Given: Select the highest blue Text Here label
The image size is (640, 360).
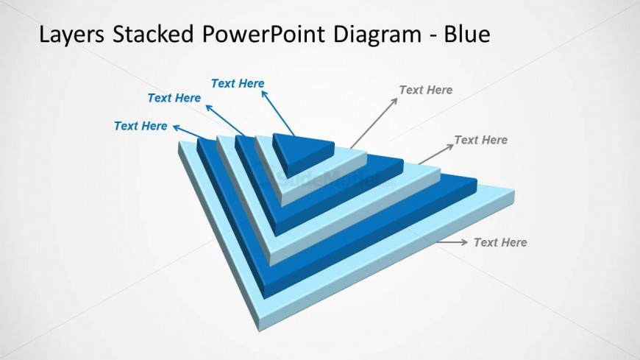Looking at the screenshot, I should click(x=238, y=83).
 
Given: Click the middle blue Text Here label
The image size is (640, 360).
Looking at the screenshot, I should click(x=174, y=98).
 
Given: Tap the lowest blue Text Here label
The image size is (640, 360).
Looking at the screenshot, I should click(x=141, y=126).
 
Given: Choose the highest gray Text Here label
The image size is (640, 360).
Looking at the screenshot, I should click(x=425, y=90).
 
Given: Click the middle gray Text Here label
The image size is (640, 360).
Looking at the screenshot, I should click(x=480, y=139).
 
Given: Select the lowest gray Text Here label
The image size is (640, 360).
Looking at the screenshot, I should click(x=499, y=242).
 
